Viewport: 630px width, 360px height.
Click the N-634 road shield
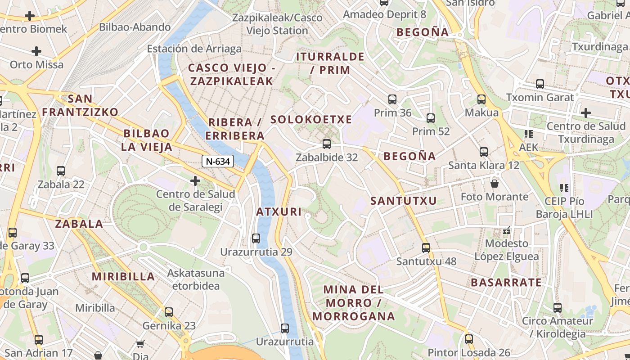218,161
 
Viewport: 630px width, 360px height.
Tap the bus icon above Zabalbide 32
327,144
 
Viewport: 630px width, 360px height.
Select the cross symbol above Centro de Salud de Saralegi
195,181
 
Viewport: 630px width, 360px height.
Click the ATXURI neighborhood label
279,211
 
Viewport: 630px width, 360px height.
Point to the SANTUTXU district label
404,201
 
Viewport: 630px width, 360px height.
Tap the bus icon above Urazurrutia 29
256,238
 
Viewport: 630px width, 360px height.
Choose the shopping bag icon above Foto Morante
495,183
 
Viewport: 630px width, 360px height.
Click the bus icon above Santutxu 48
426,247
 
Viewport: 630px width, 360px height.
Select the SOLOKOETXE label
311,119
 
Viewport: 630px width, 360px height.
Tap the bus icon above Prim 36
392,99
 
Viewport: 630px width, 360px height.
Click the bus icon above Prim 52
431,118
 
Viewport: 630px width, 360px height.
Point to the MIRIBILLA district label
124,276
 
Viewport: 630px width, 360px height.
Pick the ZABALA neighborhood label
79,224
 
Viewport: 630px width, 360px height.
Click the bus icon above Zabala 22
61,171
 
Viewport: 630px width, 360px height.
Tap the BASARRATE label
506,283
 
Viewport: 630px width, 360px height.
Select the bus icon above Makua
481,99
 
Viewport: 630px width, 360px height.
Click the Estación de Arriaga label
194,49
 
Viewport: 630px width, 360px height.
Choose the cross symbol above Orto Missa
36,51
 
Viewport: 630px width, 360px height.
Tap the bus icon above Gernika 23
169,312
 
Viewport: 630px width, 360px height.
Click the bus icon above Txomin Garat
540,84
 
